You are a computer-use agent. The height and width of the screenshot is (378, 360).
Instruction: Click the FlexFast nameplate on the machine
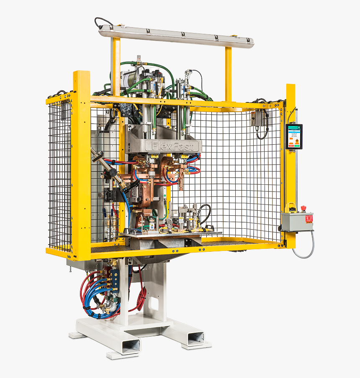[172, 146]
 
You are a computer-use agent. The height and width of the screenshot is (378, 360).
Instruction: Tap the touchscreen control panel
[294, 136]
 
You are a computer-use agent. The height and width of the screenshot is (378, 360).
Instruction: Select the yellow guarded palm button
[290, 207]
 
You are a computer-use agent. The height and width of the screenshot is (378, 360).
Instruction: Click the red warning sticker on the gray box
[309, 218]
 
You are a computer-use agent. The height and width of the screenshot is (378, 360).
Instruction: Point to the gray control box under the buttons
[297, 222]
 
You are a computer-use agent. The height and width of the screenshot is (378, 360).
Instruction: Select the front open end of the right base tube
[195, 338]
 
